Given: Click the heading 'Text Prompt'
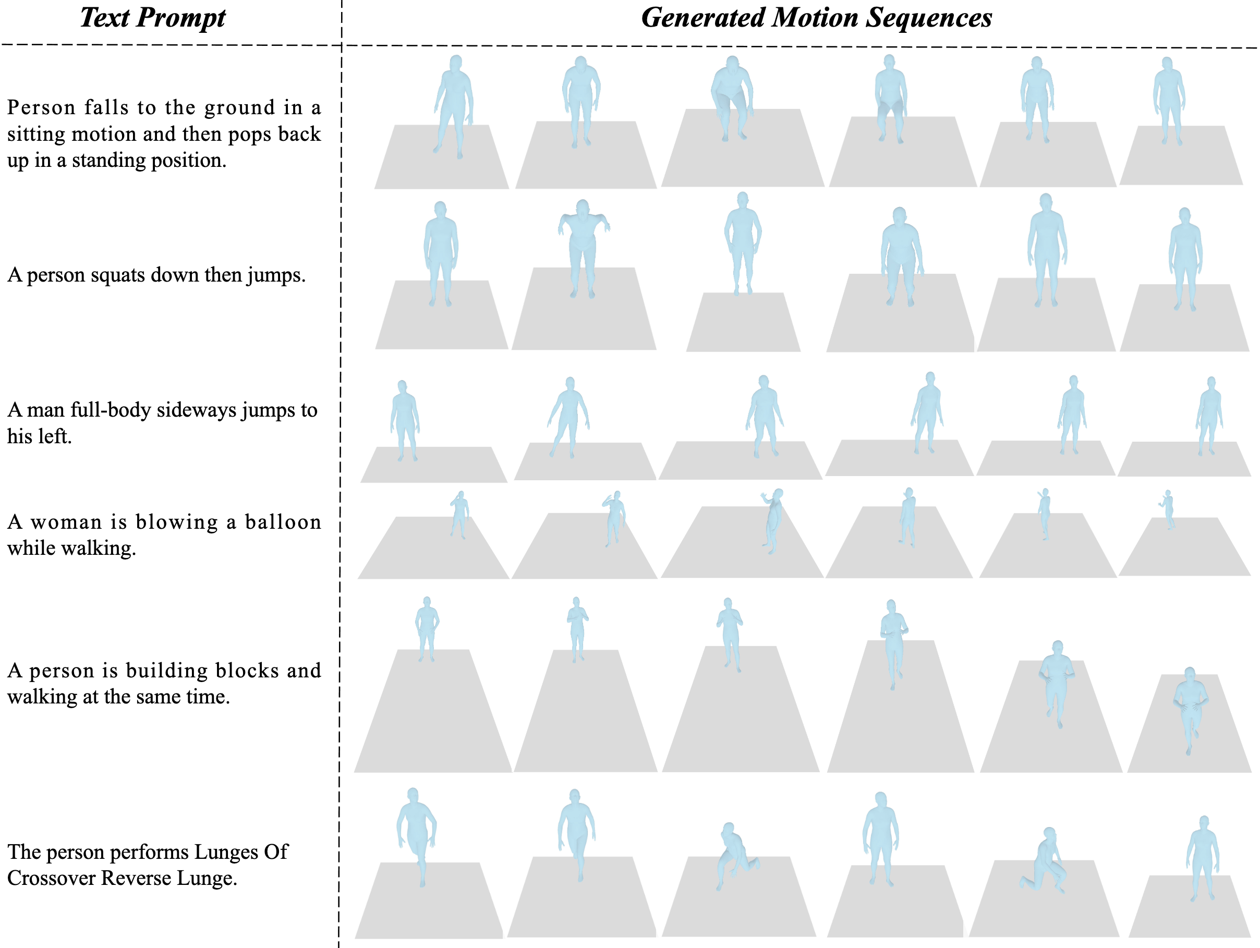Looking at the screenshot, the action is [x=153, y=18].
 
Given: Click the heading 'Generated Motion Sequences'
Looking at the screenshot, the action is [x=816, y=18].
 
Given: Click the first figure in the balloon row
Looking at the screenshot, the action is [x=459, y=515].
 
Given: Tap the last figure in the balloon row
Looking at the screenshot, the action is [x=1168, y=509].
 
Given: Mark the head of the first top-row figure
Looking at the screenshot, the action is [x=456, y=63].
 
